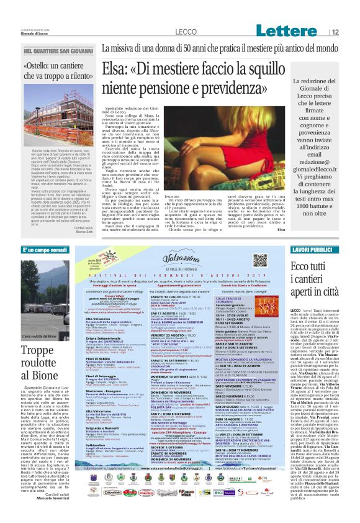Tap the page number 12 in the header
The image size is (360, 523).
(352, 32)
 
